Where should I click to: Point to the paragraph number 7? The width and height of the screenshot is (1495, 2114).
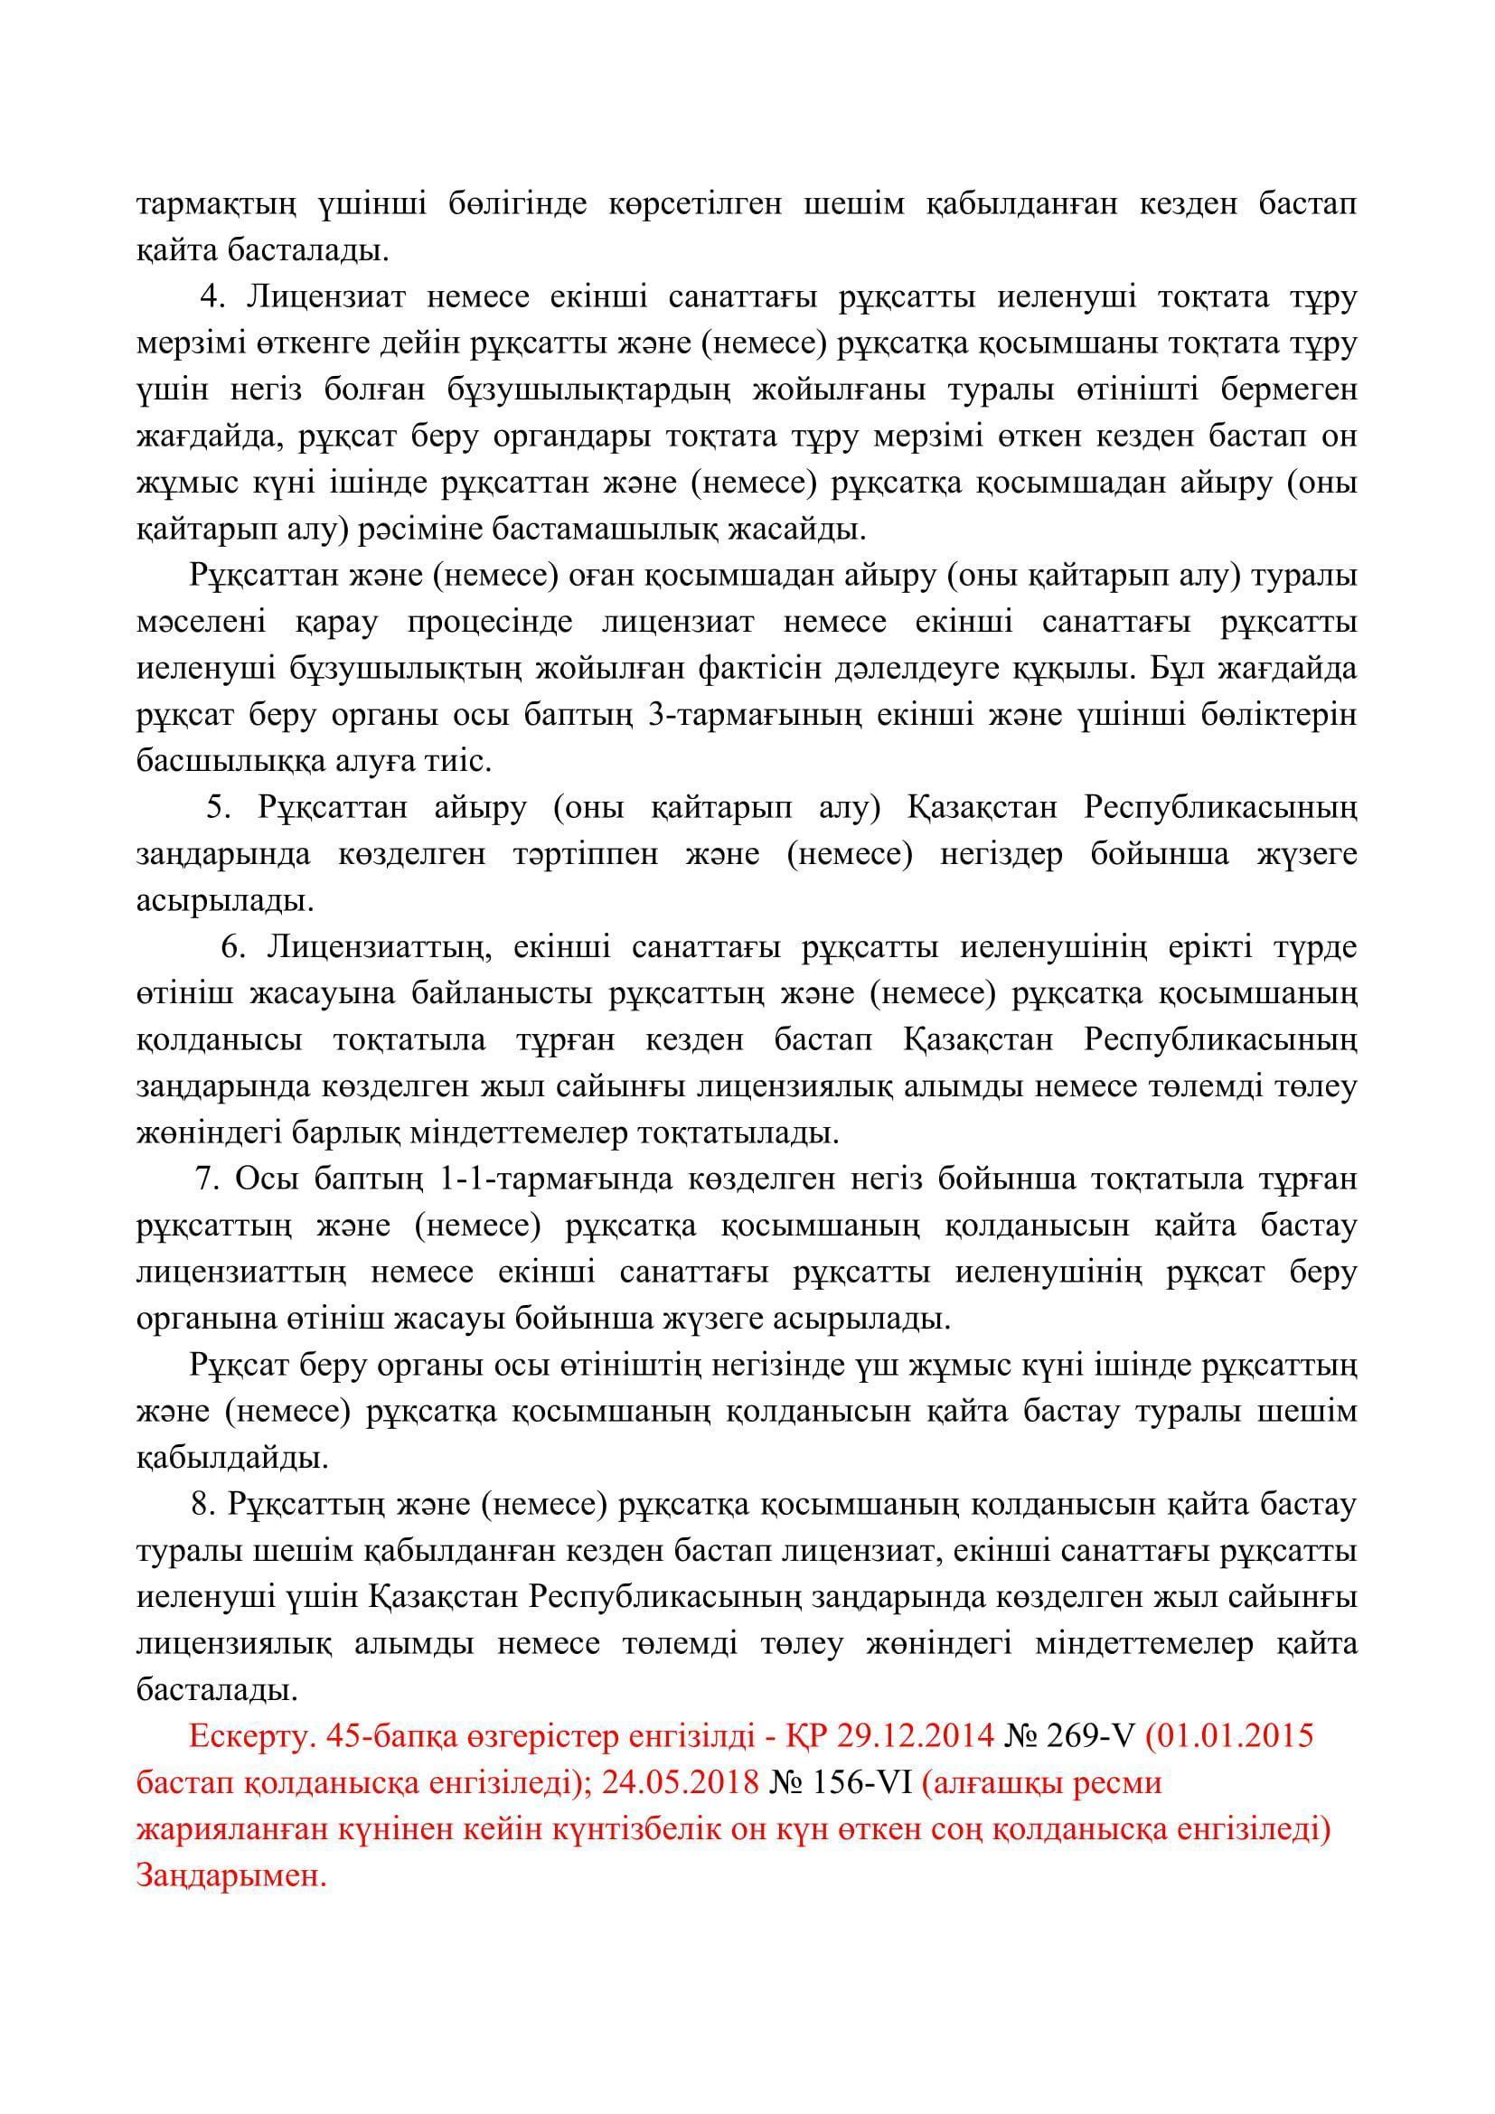click(205, 1179)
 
